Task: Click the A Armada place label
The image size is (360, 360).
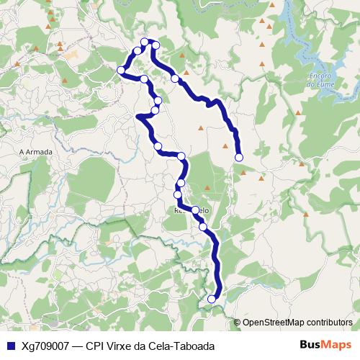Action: (33, 152)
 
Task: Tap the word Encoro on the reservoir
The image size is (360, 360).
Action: (318, 77)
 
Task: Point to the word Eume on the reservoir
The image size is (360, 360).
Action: (318, 84)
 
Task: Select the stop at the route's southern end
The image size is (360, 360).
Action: (212, 299)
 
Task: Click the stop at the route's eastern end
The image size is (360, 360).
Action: (239, 157)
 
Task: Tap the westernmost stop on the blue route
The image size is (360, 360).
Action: (121, 70)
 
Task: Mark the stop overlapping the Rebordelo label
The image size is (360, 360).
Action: (195, 210)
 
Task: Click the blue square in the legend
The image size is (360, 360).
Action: (9, 346)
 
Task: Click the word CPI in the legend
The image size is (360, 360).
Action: (95, 346)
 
